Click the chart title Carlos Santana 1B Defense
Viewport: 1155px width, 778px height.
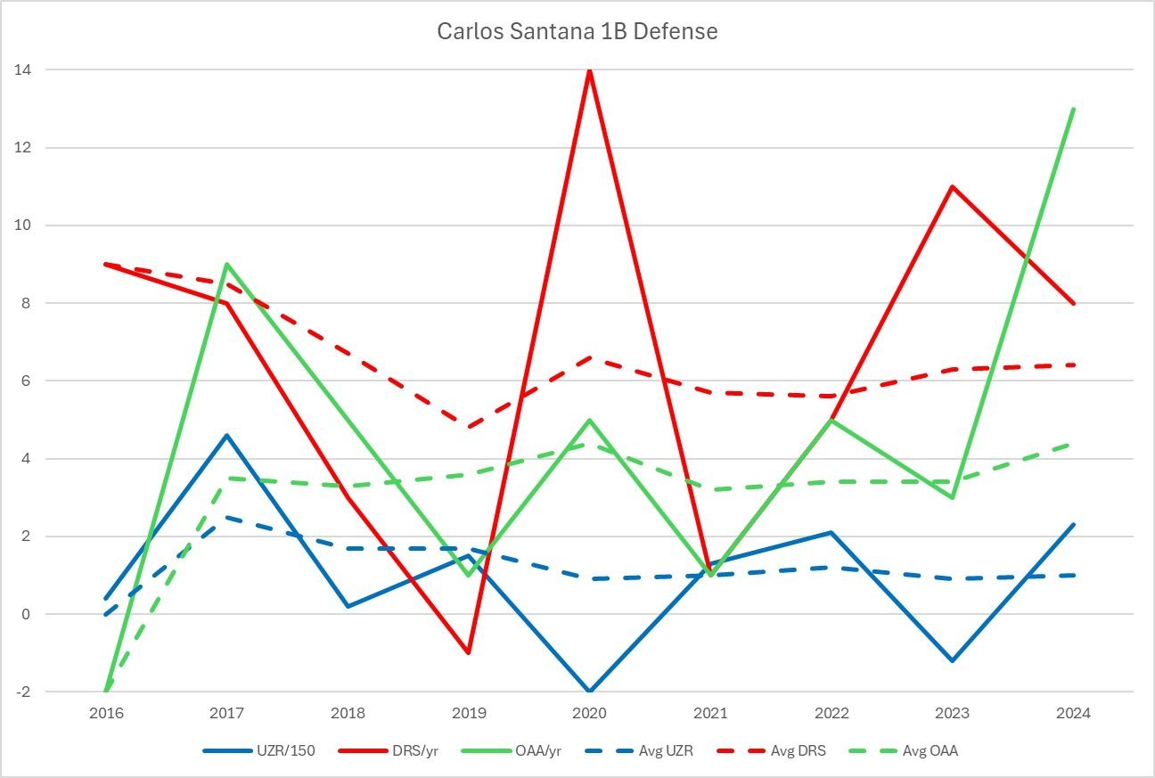click(577, 32)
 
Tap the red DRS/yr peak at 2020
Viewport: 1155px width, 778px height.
click(589, 70)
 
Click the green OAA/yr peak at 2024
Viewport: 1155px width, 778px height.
click(1073, 110)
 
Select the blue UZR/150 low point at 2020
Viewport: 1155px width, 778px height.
click(589, 691)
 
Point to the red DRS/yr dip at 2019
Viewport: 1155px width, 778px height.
click(468, 652)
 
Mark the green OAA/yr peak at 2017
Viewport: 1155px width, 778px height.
click(227, 265)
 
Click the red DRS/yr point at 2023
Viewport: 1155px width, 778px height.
click(952, 187)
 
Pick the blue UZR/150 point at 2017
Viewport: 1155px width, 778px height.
click(227, 435)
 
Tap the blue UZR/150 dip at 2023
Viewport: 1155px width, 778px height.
click(952, 660)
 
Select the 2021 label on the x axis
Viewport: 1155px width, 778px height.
click(710, 713)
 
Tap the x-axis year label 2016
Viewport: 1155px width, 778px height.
click(106, 713)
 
